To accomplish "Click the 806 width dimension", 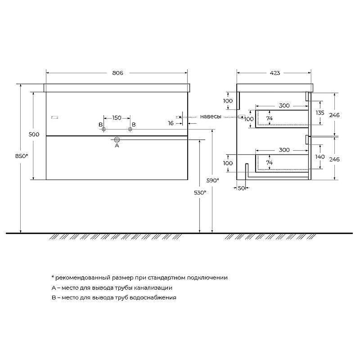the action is click(x=117, y=73).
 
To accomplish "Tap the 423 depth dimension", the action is click(x=275, y=73).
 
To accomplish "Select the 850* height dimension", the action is click(x=22, y=156).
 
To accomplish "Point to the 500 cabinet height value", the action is click(x=34, y=134).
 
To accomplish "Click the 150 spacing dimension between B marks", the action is click(x=117, y=118).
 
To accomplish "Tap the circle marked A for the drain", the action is click(x=117, y=139).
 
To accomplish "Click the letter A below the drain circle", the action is click(x=117, y=145).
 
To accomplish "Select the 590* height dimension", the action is click(x=212, y=180).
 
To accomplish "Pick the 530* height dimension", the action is click(x=200, y=193).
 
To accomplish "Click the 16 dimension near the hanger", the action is click(x=171, y=123).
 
